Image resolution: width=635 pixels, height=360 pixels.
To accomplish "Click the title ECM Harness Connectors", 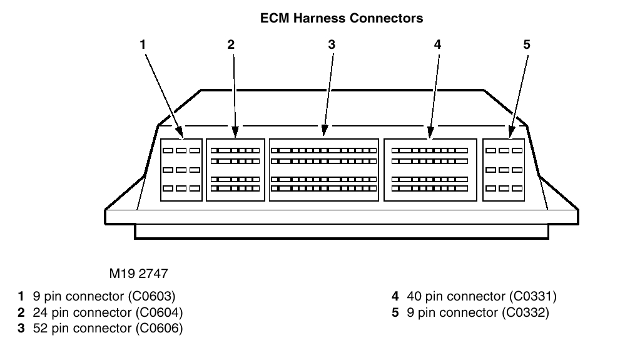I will click(341, 19).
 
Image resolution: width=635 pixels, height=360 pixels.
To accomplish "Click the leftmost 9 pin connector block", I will click(181, 170).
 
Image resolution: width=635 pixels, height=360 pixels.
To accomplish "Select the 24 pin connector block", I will click(235, 170).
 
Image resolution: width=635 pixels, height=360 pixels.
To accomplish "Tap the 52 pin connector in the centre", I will click(324, 170).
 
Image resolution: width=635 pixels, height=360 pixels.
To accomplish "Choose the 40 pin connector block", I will click(430, 170).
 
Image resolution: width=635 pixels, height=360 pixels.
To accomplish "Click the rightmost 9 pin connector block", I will click(504, 170).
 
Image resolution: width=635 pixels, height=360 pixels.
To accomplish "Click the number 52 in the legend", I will click(38, 327).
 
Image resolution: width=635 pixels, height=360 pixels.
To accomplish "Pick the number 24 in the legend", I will click(38, 312).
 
